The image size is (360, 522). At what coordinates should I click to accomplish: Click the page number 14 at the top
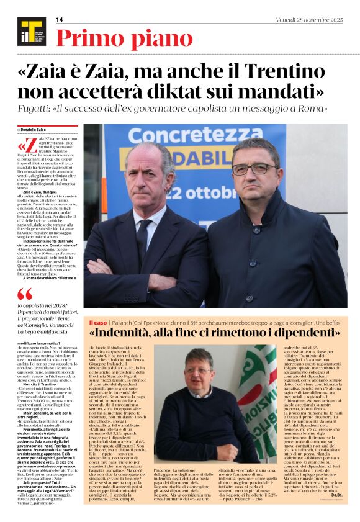(x=59, y=20)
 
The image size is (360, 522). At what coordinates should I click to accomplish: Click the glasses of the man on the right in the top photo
(x=255, y=168)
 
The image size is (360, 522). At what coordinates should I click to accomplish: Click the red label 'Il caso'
(x=97, y=322)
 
